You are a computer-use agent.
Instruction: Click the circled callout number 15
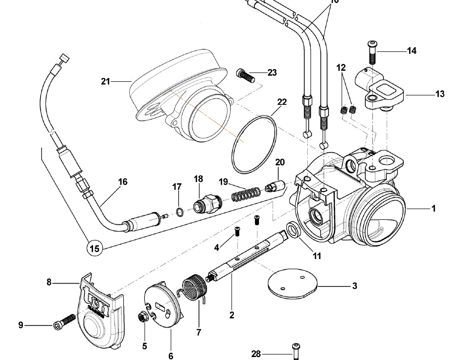point(94,248)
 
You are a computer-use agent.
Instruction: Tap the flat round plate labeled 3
point(293,284)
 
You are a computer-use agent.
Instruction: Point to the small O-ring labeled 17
point(180,212)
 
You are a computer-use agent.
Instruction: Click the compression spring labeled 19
point(245,195)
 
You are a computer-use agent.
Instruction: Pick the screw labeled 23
point(246,75)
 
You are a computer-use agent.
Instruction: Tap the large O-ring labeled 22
point(254,144)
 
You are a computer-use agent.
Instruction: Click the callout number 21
point(106,81)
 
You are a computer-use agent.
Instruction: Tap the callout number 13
point(440,94)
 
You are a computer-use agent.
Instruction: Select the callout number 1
point(433,209)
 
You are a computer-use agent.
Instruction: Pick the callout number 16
point(122,182)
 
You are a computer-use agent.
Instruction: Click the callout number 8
point(49,282)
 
